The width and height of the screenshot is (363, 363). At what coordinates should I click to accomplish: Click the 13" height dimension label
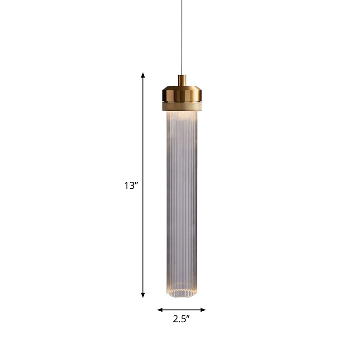(130, 186)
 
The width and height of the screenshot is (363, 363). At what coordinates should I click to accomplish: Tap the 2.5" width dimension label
(181, 319)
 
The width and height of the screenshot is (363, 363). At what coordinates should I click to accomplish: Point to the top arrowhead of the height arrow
(143, 75)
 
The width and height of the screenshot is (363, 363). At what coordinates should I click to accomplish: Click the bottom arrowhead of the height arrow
(143, 295)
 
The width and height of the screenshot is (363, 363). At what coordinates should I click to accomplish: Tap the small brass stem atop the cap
(181, 80)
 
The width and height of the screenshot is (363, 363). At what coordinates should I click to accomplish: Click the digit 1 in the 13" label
(126, 186)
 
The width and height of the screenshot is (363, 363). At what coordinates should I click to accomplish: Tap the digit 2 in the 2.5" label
(176, 319)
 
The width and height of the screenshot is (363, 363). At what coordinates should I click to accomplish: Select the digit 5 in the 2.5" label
(183, 319)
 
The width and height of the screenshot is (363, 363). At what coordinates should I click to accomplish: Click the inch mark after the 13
(136, 183)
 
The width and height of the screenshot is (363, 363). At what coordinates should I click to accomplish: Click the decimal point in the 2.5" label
(179, 321)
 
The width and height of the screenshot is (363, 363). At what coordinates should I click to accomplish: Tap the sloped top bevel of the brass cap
(181, 87)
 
